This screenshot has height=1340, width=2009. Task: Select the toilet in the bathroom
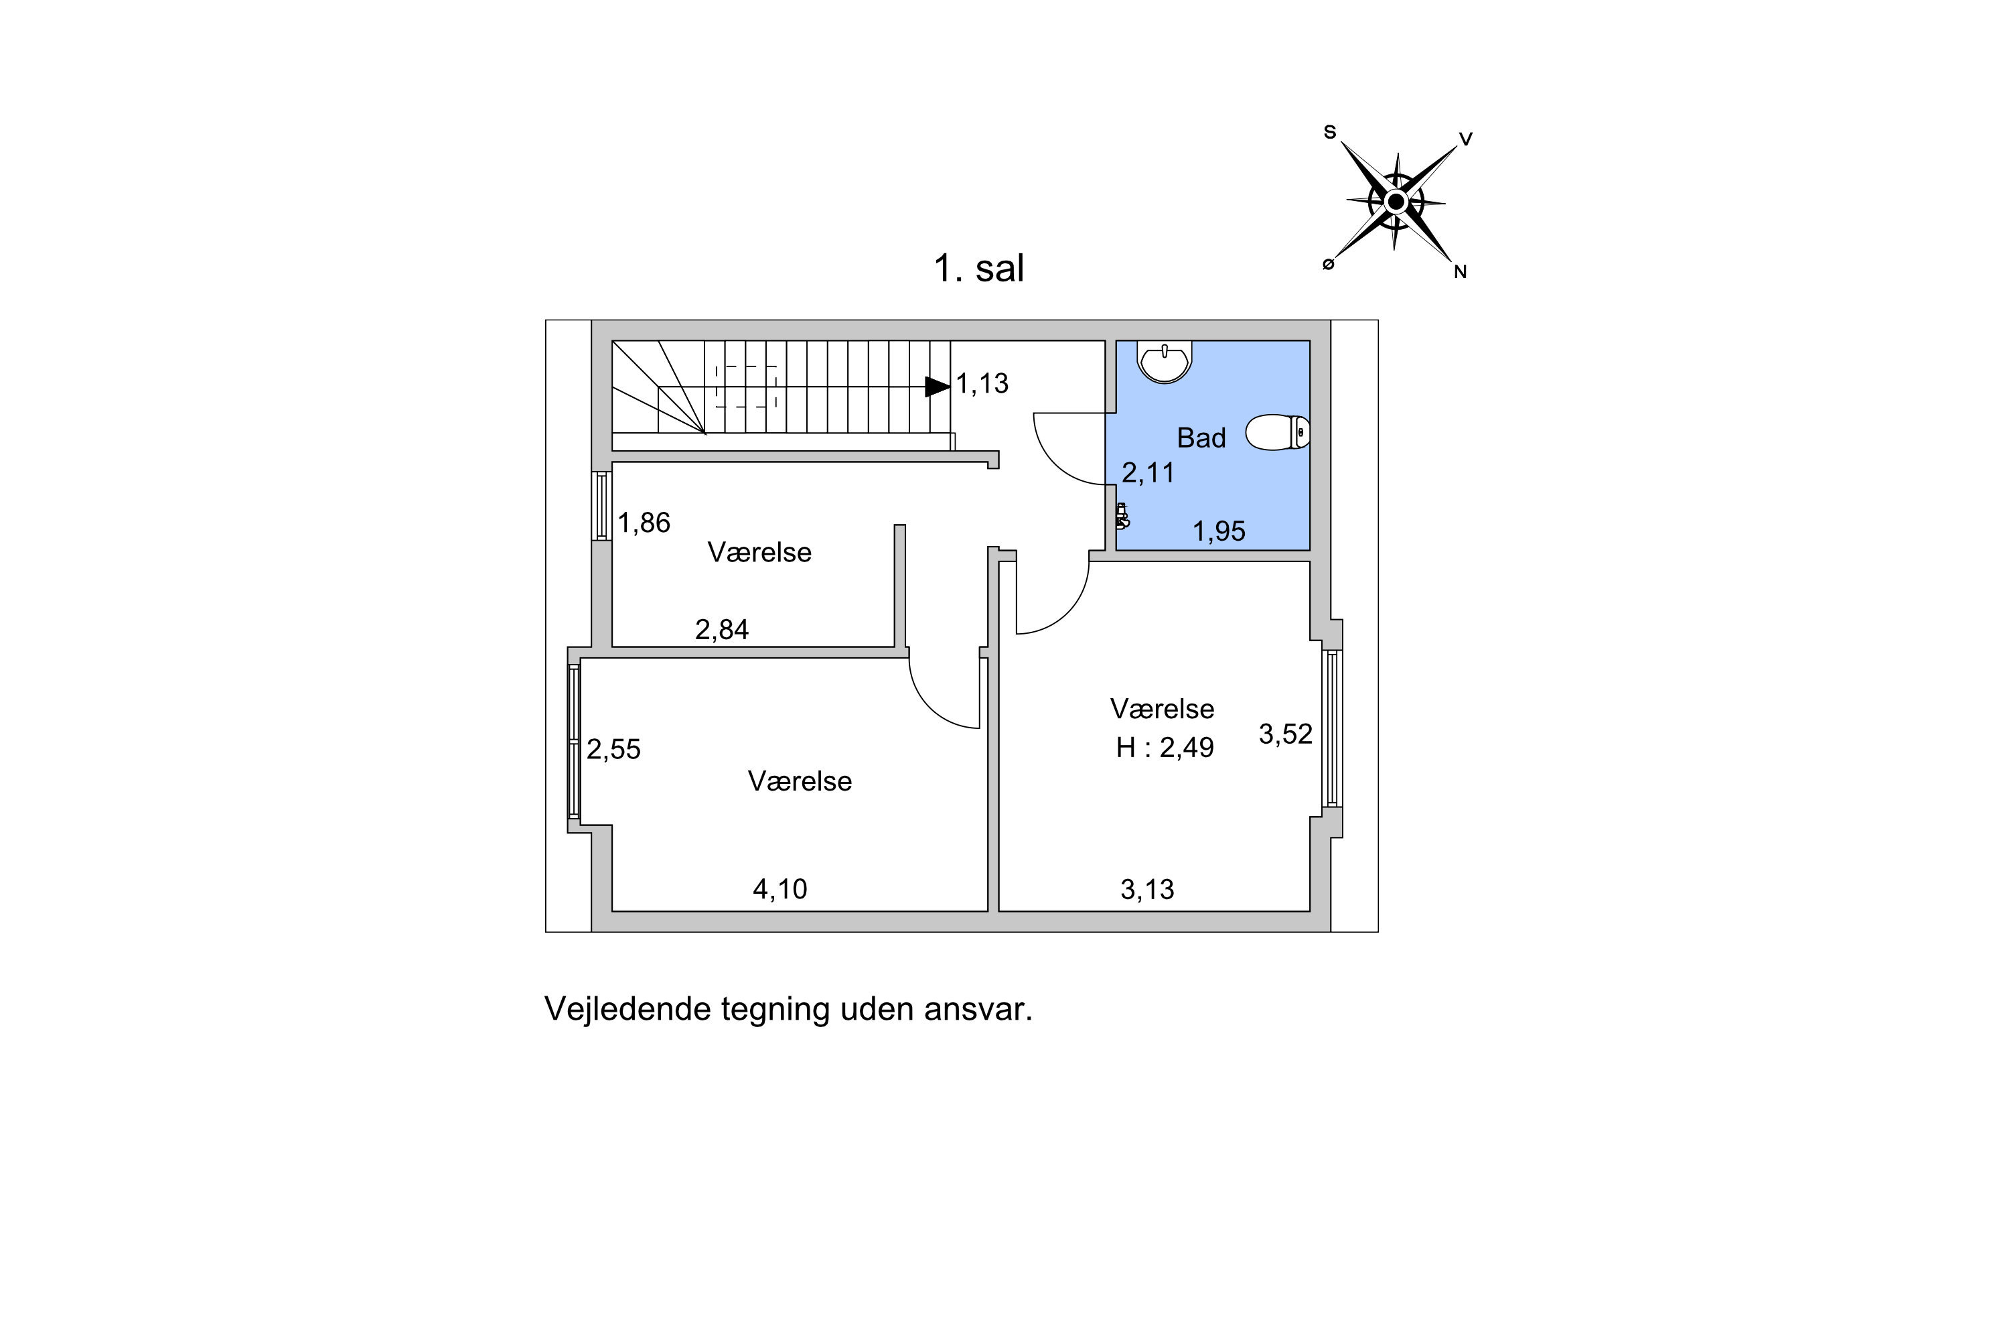click(1278, 432)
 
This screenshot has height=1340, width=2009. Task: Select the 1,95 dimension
click(1219, 531)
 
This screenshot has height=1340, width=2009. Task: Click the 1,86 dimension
click(644, 522)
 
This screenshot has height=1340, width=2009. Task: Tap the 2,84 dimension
click(722, 630)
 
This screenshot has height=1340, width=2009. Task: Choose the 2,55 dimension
click(613, 750)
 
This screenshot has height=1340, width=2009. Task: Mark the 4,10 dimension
click(780, 890)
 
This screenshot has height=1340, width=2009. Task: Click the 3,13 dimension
click(1147, 890)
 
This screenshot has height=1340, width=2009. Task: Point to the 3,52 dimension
click(1286, 734)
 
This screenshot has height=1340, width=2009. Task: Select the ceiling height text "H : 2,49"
click(1165, 748)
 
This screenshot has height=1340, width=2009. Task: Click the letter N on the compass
click(1461, 272)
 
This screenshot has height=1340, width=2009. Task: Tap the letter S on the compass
click(1330, 133)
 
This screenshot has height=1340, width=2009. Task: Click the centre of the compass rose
click(1396, 202)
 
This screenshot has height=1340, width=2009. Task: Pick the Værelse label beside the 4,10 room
click(800, 781)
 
